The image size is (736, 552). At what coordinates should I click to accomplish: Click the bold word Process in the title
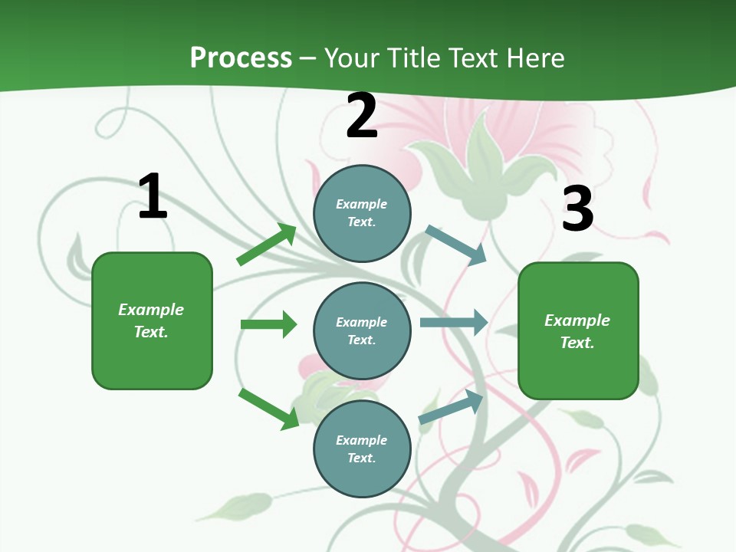(x=241, y=58)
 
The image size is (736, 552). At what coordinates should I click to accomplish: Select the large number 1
(x=153, y=197)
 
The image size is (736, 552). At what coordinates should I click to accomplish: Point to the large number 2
(x=362, y=117)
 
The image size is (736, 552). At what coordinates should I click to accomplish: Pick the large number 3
(x=577, y=209)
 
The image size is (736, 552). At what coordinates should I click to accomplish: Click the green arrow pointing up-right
(x=267, y=245)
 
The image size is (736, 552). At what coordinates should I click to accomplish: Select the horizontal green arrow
(x=268, y=324)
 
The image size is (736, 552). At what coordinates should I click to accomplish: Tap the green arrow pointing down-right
(x=268, y=409)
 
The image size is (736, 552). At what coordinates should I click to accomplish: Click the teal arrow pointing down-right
(x=456, y=245)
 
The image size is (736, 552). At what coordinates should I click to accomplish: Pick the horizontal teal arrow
(x=453, y=323)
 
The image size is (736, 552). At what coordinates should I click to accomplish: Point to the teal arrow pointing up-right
(x=452, y=407)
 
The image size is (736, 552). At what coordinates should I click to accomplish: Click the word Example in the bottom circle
(x=362, y=440)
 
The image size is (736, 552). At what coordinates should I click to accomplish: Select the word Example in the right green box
(x=577, y=320)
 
